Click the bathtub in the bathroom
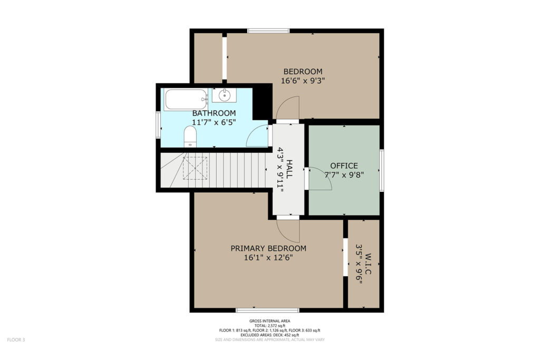click(x=186, y=100)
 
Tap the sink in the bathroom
click(x=224, y=95)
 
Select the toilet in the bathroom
click(x=190, y=137)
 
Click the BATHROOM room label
click(x=214, y=113)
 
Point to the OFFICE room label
click(x=344, y=166)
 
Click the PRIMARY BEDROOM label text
click(x=268, y=248)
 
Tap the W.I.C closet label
click(x=368, y=264)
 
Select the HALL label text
click(x=290, y=169)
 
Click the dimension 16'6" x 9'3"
click(x=303, y=81)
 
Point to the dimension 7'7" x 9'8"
click(x=344, y=174)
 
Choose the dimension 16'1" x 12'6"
click(x=268, y=257)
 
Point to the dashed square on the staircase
click(x=195, y=168)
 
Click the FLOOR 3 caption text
click(x=16, y=339)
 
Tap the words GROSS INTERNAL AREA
click(x=269, y=321)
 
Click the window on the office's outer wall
click(x=382, y=170)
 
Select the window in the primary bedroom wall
click(x=267, y=310)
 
